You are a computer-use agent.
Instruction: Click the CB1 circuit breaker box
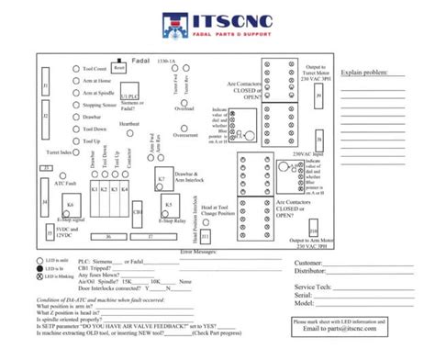(x=138, y=211)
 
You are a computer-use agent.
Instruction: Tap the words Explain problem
(x=361, y=72)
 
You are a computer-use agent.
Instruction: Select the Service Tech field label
(x=314, y=287)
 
